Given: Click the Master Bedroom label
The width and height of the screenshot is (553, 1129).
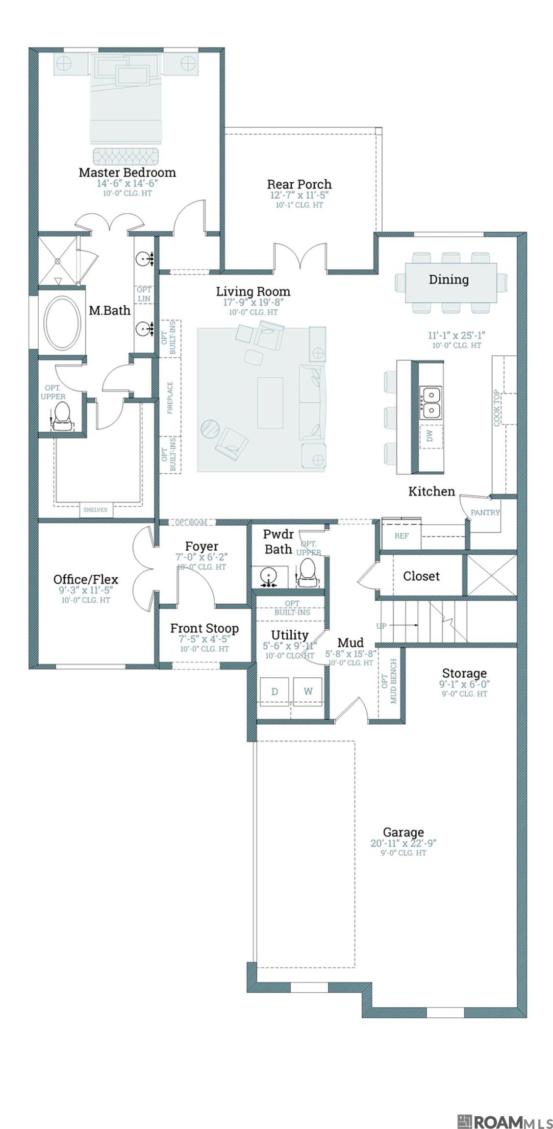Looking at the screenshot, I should pos(127,172).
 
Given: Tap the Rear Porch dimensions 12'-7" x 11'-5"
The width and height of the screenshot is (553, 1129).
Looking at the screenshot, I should pos(299,195).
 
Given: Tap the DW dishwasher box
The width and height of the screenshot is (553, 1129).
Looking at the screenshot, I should pos(430,436).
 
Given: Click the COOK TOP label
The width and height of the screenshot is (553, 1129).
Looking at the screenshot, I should pos(497,408).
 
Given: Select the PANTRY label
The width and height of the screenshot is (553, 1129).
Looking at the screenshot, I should pos(484,513).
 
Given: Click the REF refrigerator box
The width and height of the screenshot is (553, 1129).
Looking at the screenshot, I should pos(402,536).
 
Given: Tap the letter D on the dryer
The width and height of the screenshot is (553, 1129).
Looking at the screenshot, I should pos(275,691).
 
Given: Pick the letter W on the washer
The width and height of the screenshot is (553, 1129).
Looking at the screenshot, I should pos(308,691).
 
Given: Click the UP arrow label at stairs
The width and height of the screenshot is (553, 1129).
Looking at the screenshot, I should pos(382,626).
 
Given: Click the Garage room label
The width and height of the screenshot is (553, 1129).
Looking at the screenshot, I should pos(403,832).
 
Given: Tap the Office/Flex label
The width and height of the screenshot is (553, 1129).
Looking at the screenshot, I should pos(86,579).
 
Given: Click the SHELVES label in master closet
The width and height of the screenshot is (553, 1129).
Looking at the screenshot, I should pos(95,510).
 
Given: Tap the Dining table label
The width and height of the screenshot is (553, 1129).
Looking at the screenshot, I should pos(449,279).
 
